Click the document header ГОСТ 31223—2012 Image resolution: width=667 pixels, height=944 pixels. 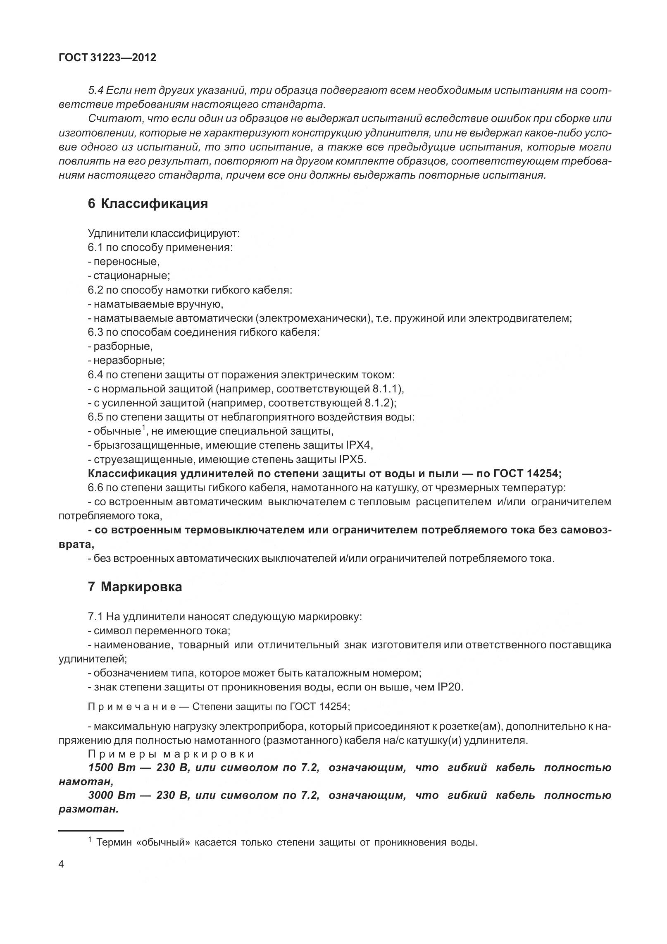click(107, 58)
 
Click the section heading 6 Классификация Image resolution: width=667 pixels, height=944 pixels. click(148, 203)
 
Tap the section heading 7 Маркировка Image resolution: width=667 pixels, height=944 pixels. click(135, 587)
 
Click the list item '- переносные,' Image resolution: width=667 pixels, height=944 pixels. click(124, 262)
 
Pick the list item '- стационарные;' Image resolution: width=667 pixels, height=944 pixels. click(129, 276)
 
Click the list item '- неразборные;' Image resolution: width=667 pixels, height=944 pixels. click(126, 361)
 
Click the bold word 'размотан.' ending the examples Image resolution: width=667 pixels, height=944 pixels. click(89, 810)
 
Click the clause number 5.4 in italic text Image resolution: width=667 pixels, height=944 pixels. click(97, 91)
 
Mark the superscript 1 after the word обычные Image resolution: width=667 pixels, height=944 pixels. click(143, 428)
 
